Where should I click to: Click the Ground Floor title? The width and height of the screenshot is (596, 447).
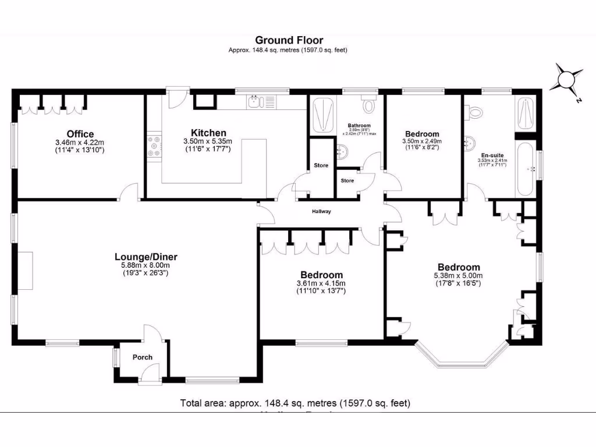point(289,40)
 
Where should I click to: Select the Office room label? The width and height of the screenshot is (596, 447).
point(80,134)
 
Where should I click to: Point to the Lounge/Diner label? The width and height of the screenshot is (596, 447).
point(146,257)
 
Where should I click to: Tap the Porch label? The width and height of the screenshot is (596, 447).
point(142,357)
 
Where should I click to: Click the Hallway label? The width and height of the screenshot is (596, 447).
point(321,211)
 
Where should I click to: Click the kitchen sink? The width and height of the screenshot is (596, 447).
point(254,102)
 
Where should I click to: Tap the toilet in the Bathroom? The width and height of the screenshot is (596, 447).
point(368,107)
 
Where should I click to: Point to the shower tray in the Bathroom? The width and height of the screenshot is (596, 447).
point(323,115)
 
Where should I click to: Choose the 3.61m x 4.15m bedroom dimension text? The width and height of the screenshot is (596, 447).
point(321,283)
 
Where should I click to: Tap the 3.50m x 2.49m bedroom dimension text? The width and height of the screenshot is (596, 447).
point(422,141)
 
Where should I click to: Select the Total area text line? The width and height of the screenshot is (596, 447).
point(296,403)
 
